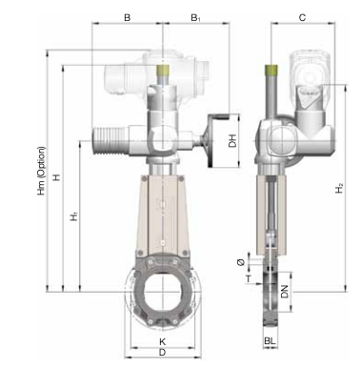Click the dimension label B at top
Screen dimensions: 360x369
127,17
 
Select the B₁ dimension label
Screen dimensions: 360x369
195,18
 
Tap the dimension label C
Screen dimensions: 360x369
302,17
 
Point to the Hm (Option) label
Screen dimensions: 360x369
42,171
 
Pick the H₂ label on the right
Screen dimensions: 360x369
339,188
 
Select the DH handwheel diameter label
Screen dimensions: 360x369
232,141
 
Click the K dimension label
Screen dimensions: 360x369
163,341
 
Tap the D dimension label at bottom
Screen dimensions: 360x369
162,353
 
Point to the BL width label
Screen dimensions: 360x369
270,341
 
